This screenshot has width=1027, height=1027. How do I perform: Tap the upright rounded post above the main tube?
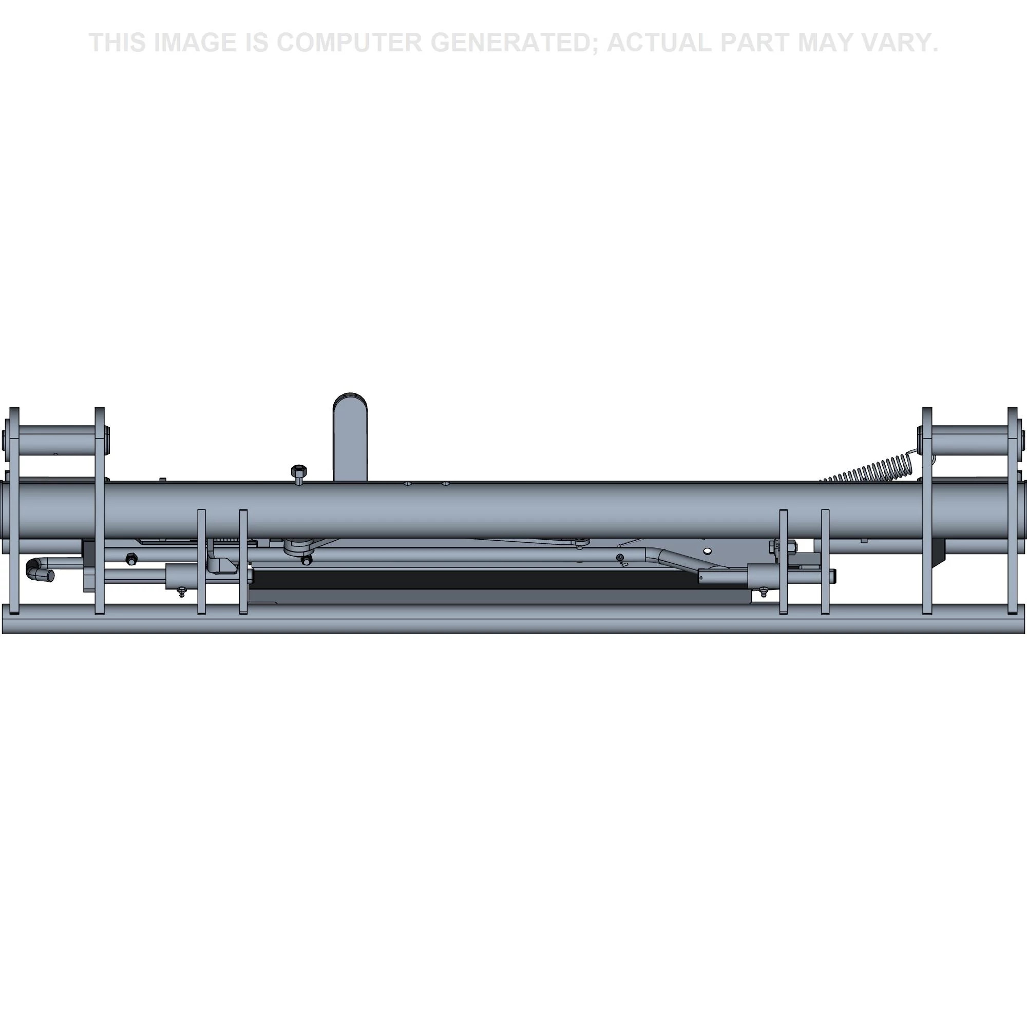350,437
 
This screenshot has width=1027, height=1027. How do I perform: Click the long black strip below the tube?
476,578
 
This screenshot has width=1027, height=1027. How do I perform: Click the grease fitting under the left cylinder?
182,592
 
